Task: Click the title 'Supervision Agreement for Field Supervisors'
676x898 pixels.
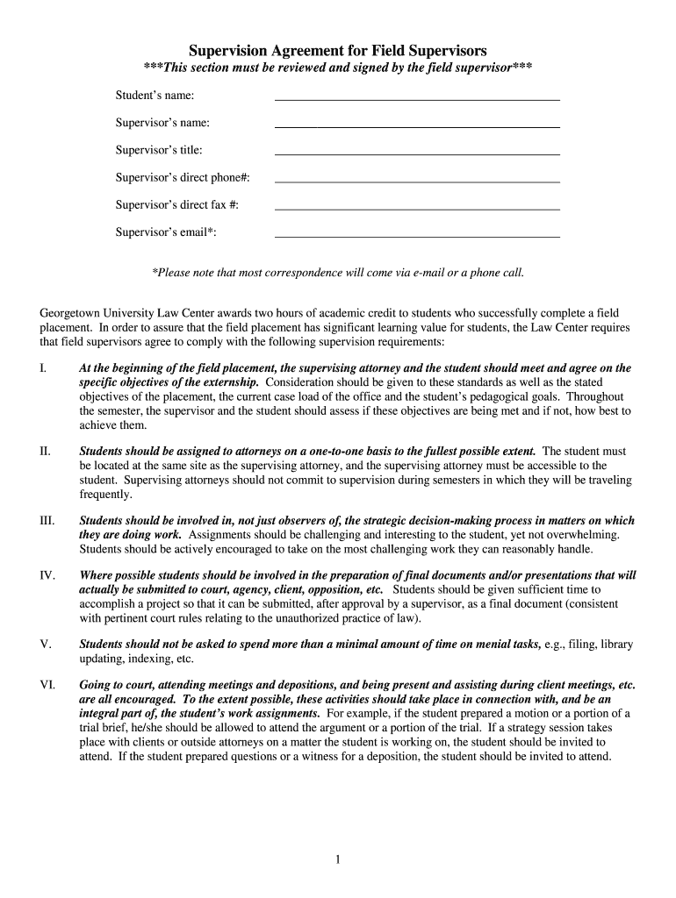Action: (x=338, y=51)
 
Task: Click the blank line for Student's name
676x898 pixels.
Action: (x=417, y=99)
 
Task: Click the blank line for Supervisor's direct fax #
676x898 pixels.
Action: (x=417, y=209)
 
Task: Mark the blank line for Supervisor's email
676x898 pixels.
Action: (x=417, y=236)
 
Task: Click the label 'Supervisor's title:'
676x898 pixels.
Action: (x=159, y=150)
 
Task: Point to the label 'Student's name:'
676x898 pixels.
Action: (x=155, y=95)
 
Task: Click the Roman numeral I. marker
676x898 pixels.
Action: (x=43, y=368)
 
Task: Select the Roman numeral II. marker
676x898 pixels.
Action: (x=45, y=451)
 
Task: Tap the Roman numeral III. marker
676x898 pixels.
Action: (x=47, y=520)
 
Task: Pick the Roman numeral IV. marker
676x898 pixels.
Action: (x=47, y=575)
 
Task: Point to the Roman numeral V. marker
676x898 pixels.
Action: (x=45, y=644)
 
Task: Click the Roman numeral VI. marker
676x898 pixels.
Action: (x=47, y=684)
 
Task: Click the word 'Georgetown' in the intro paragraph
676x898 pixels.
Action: (x=73, y=313)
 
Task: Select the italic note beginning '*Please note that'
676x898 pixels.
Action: (x=338, y=273)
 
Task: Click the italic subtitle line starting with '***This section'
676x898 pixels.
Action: (x=338, y=69)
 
